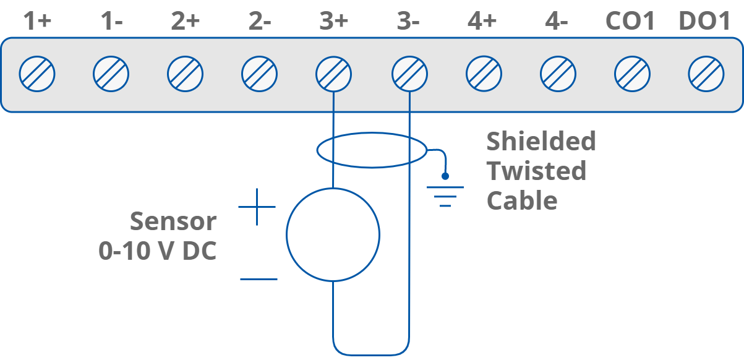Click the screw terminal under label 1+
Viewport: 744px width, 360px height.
coord(37,74)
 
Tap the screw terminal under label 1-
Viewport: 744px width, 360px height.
coord(111,74)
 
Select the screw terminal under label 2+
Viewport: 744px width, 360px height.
coord(186,74)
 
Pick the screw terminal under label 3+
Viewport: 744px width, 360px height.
coord(333,74)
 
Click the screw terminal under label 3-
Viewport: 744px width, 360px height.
coord(409,74)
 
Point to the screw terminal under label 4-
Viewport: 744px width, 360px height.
coord(558,74)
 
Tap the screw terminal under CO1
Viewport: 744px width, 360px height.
coord(632,74)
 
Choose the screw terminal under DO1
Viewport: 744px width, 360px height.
coord(706,74)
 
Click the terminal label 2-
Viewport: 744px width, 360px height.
coord(260,22)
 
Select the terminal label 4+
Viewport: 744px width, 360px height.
coord(482,22)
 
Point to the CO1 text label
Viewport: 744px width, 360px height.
coord(630,22)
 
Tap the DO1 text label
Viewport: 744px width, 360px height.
coord(705,22)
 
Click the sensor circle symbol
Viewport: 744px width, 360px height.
coord(333,234)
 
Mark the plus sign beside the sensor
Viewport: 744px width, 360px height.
coord(257,207)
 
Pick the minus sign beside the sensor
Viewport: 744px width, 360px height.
coord(259,279)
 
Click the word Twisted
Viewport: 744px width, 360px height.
coord(536,171)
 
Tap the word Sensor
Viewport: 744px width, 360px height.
coord(173,221)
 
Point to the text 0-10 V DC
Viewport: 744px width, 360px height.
coord(158,251)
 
